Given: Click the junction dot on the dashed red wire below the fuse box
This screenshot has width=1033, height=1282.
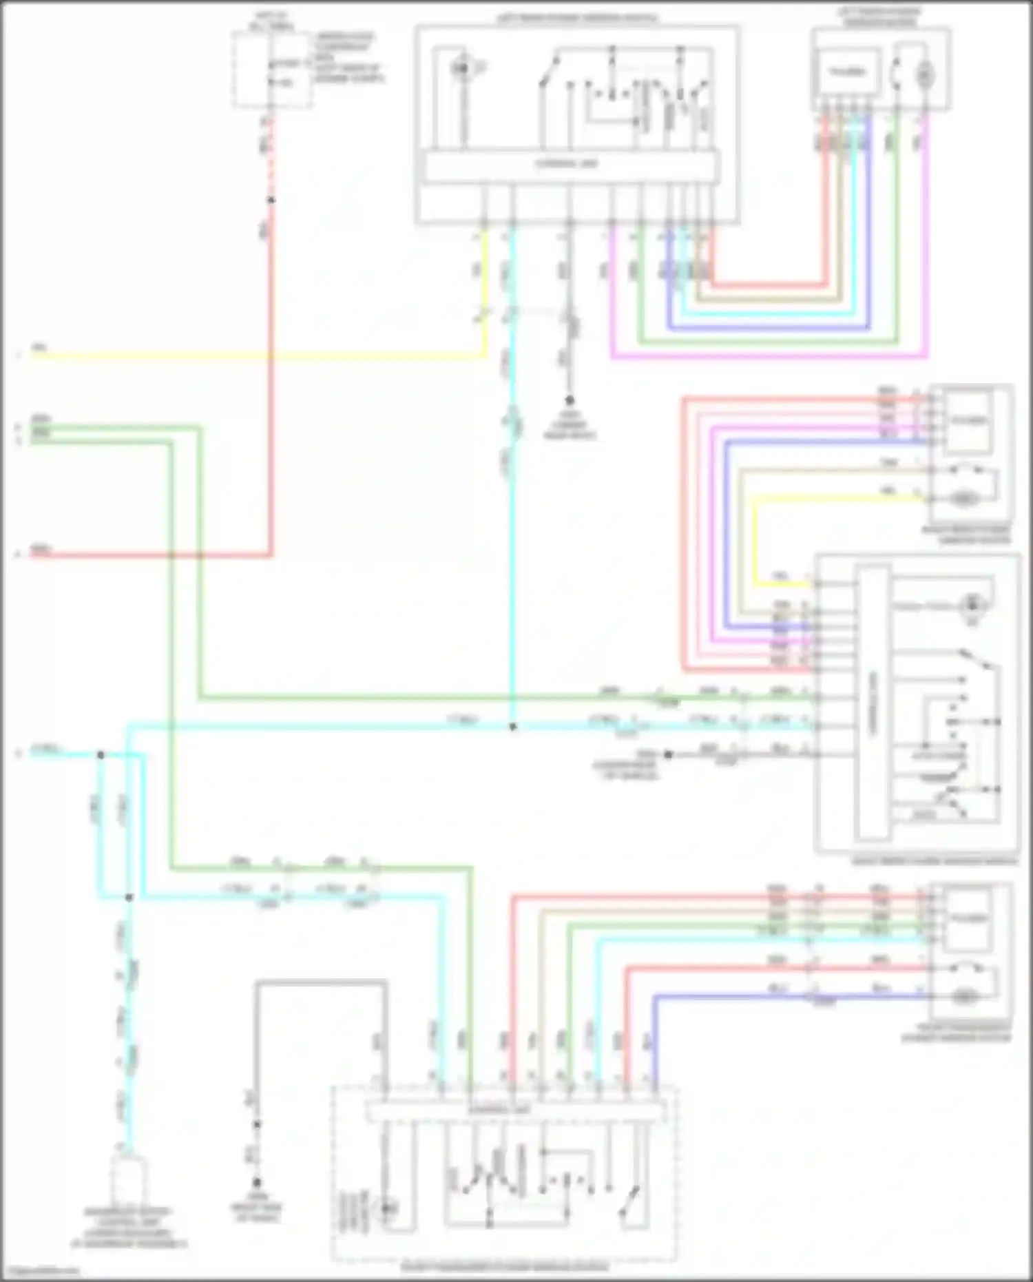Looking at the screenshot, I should click(x=271, y=200).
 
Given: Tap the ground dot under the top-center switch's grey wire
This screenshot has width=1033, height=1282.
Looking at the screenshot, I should click(x=570, y=400).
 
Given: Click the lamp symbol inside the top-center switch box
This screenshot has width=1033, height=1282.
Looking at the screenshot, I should click(x=461, y=68).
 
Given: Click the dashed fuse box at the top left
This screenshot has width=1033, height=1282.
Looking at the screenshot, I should click(x=271, y=70).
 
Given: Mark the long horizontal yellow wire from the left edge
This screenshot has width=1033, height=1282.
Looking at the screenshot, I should click(x=255, y=356).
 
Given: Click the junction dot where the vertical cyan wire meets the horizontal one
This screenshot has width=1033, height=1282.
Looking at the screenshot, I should click(x=512, y=727).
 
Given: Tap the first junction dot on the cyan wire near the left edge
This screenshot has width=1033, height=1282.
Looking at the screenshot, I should click(x=101, y=755).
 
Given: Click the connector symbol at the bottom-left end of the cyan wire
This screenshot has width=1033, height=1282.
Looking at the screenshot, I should click(x=129, y=1179).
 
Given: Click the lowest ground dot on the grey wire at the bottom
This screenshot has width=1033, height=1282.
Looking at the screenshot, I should click(x=256, y=1183).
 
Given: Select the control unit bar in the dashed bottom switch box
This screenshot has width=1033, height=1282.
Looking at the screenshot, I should click(x=514, y=1110).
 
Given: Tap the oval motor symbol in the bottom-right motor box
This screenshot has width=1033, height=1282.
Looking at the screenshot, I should click(x=963, y=995).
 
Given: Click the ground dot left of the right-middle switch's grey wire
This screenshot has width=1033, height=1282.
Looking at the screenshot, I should click(x=667, y=755).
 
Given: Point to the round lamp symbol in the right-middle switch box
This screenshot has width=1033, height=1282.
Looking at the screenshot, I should click(x=972, y=605).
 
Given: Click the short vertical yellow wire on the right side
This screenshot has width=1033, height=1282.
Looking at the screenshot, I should click(x=755, y=541).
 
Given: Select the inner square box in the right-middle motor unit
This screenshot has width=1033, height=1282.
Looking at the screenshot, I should click(x=969, y=420).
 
